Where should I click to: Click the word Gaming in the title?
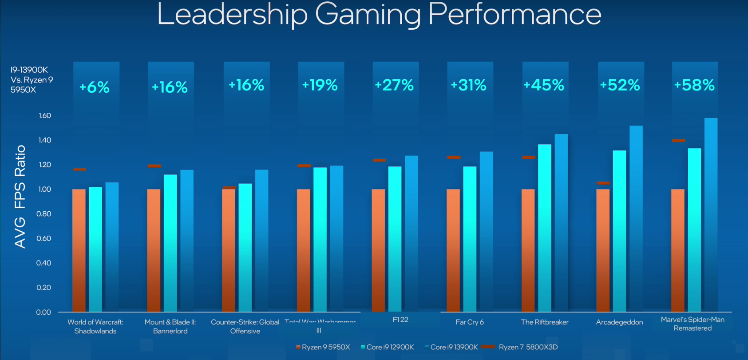coord(368,15)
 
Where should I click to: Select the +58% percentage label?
coord(694,85)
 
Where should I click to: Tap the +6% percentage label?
coord(95,87)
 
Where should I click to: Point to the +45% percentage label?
coord(544,85)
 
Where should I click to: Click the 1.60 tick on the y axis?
coord(45,115)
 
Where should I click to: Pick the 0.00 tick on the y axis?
coord(44,312)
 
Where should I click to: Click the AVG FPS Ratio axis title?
coord(20,196)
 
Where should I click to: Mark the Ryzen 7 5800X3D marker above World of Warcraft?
coord(79,169)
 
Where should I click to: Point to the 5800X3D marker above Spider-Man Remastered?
coord(678,140)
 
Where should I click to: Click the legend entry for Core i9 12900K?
coord(388,347)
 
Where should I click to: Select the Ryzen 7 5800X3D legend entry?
coord(520,347)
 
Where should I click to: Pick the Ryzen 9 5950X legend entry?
coord(323,347)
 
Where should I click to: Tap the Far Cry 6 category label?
coord(470,322)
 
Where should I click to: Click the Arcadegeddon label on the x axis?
coord(619,322)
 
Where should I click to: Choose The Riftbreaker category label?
coord(545,322)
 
